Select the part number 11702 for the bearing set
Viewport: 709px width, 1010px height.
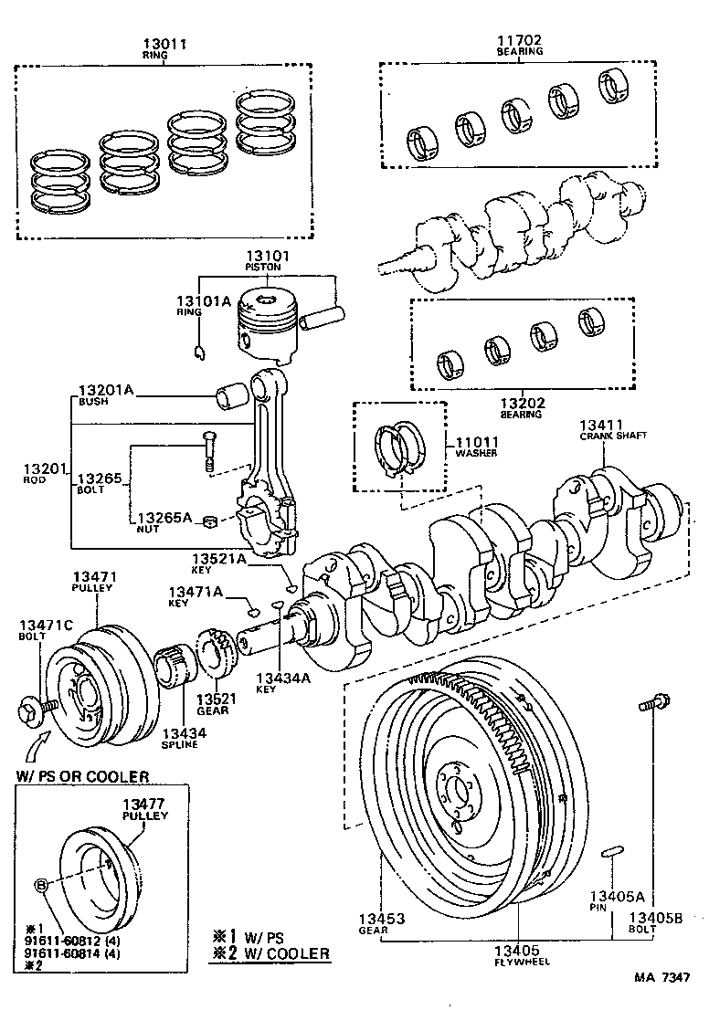point(519,40)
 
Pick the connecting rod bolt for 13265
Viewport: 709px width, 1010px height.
point(208,451)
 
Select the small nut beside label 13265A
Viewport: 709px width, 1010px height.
point(209,521)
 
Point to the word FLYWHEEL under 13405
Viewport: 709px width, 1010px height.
point(516,962)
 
